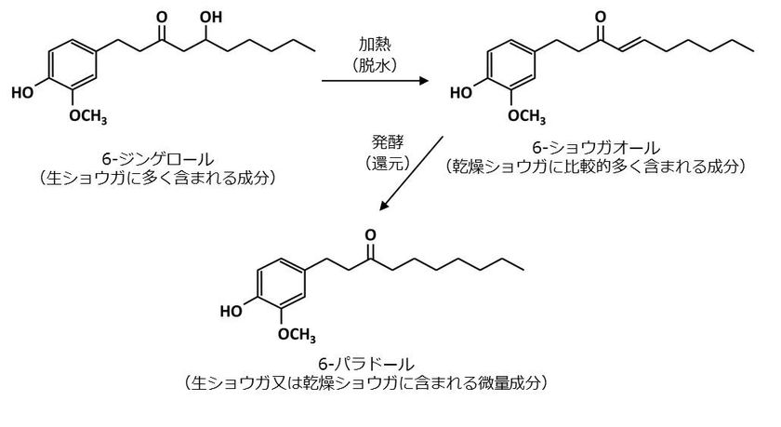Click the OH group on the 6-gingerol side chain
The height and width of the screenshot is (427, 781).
211,18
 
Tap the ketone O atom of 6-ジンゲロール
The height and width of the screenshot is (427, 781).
162,18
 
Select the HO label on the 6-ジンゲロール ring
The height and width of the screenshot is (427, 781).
22,92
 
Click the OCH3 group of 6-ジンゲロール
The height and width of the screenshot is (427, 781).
88,116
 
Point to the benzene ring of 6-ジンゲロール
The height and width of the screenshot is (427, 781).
73,66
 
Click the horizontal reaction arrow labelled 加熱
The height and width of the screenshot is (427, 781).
375,80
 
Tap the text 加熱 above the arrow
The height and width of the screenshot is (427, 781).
375,44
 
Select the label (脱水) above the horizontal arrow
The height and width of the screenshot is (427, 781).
375,65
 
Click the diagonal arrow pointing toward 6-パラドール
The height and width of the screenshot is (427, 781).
411,173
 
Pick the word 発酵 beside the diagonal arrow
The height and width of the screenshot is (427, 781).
388,142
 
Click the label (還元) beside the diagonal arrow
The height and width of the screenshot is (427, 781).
388,163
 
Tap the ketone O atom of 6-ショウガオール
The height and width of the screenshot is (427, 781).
601,18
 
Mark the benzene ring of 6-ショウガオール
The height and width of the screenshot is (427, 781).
511,66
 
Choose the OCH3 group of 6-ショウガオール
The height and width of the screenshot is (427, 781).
527,116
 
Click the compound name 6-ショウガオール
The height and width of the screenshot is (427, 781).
596,148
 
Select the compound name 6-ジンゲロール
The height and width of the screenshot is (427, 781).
158,159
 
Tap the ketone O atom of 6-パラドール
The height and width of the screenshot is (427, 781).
370,235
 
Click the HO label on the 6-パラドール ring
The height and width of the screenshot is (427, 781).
232,311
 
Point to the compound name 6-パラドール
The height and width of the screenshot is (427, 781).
366,365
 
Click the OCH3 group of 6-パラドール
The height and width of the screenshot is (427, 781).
297,335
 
